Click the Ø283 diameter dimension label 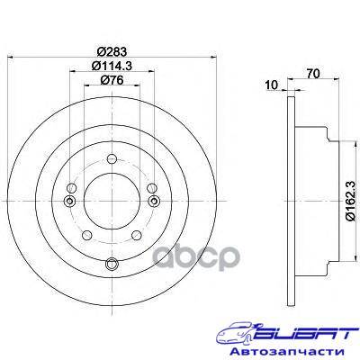coord(112,51)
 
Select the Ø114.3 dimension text coord(112,66)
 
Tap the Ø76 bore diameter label coord(112,80)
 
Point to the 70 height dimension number coord(313,74)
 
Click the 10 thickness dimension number coord(272,85)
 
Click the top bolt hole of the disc coord(112,158)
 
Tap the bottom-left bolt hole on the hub coord(87,235)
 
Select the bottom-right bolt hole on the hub coord(137,235)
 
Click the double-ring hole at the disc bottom coord(112,264)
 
